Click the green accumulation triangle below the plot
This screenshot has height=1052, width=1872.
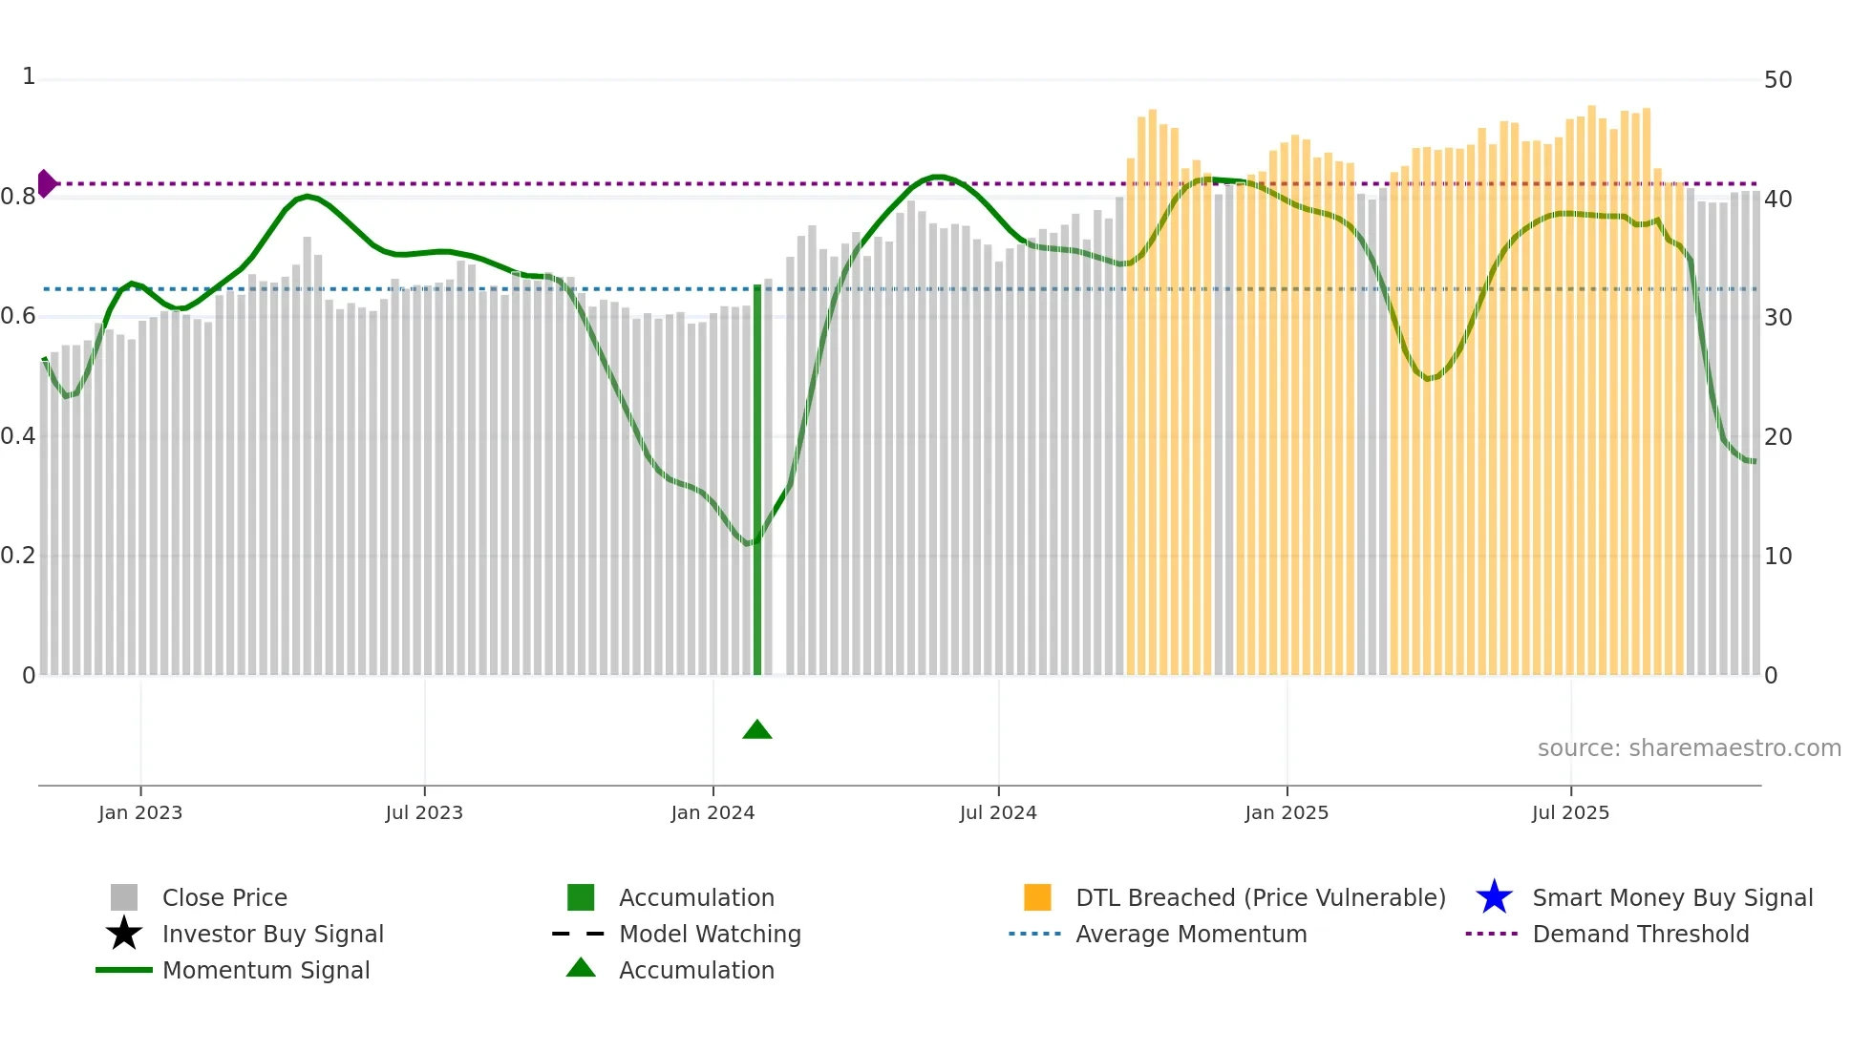coord(756,730)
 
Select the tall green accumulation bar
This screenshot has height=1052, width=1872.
coord(757,477)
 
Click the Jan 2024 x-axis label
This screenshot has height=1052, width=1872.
coord(713,812)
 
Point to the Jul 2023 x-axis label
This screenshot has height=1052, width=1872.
coord(424,812)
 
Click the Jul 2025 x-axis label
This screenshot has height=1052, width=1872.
coord(1570,812)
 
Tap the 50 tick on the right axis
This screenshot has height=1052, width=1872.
coord(1777,80)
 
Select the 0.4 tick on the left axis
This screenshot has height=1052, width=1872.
coord(18,436)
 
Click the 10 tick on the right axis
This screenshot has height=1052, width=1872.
coord(1777,557)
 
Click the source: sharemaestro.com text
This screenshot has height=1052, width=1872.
coord(1689,748)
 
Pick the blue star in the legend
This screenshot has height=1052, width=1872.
coord(1494,897)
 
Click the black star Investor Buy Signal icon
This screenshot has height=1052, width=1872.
coord(124,934)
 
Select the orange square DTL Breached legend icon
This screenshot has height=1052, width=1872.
coord(1037,897)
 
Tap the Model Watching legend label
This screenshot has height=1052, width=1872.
coord(710,934)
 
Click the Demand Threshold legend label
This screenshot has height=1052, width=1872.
coord(1640,934)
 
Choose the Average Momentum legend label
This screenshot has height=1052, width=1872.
coord(1191,934)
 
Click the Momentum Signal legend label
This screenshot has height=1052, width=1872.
coord(266,970)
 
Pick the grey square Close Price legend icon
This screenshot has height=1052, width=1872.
coord(124,897)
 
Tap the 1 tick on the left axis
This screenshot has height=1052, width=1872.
coord(29,76)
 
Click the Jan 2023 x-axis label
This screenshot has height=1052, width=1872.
coord(140,812)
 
